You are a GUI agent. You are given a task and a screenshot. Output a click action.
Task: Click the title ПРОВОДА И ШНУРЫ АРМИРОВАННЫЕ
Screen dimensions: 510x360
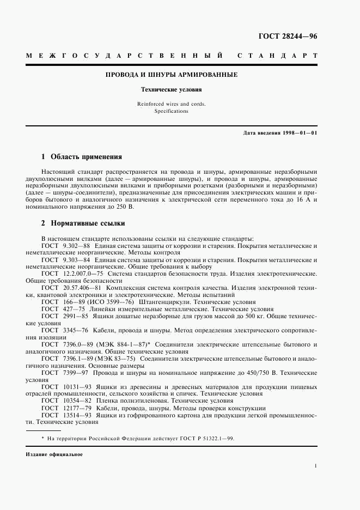(x=172, y=75)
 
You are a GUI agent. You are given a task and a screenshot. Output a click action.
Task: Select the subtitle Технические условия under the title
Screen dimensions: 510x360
(x=172, y=89)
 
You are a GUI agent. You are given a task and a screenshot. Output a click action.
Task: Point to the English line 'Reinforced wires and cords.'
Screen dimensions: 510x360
(x=172, y=104)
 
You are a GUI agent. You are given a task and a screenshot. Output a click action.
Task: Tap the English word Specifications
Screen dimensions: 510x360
(x=172, y=111)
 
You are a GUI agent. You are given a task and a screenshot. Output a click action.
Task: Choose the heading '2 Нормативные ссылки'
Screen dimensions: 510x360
(x=83, y=223)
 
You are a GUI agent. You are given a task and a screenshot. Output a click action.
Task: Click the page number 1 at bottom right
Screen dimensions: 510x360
(x=315, y=466)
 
